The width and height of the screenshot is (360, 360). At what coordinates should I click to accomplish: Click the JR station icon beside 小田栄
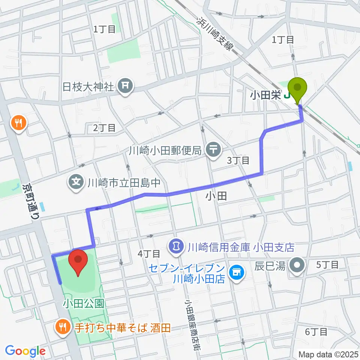(x=287, y=96)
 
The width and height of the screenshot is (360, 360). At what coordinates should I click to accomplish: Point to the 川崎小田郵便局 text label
(x=165, y=151)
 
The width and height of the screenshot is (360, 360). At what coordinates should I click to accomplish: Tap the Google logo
(x=25, y=351)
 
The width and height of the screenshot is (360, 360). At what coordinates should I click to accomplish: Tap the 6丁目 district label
(x=316, y=331)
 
